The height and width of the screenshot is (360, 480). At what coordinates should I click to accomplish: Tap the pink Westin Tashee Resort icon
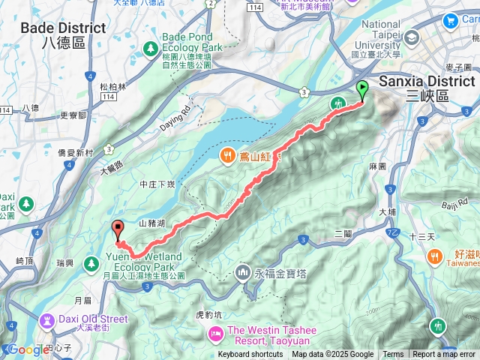pyautogui.click(x=216, y=331)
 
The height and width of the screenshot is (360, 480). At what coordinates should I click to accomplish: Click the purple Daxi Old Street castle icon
pyautogui.click(x=47, y=322)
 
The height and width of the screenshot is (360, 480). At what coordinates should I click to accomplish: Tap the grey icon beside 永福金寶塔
pyautogui.click(x=242, y=271)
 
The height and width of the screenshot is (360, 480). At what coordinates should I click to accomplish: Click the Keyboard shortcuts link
pyautogui.click(x=251, y=355)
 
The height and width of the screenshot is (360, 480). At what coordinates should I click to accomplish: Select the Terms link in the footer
pyautogui.click(x=393, y=355)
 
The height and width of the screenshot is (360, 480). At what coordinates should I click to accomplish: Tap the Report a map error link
pyautogui.click(x=445, y=355)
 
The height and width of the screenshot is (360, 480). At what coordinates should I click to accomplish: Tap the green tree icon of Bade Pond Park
pyautogui.click(x=150, y=48)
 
